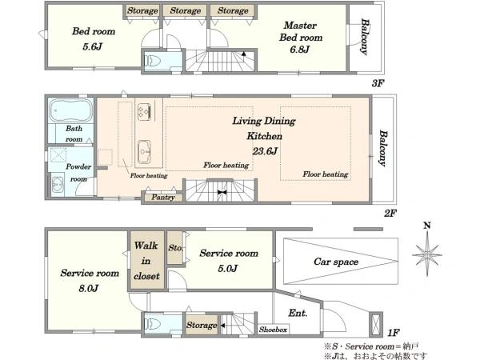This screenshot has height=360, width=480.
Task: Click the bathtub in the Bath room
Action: (x=70, y=110)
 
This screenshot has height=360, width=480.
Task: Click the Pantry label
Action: (x=163, y=197)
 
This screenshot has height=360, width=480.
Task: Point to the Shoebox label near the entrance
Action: (x=273, y=330)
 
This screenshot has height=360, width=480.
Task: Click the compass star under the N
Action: (x=427, y=254)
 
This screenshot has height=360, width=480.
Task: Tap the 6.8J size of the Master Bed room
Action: (x=300, y=50)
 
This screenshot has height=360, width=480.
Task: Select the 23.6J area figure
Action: (x=265, y=151)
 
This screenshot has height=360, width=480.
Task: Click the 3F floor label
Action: (x=378, y=83)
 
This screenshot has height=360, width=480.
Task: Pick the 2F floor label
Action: (x=390, y=213)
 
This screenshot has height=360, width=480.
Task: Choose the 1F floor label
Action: (x=394, y=333)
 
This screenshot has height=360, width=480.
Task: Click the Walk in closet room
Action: (x=147, y=261)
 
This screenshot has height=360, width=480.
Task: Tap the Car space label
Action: (x=336, y=262)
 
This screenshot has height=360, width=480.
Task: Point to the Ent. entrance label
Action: (x=298, y=313)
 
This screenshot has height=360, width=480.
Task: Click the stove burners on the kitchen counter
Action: (x=144, y=110)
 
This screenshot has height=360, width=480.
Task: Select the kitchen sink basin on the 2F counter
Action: (x=144, y=151)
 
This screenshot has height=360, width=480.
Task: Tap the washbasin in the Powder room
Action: (x=58, y=185)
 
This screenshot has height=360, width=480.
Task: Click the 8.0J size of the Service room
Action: (x=89, y=288)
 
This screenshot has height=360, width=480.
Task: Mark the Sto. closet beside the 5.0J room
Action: (x=175, y=248)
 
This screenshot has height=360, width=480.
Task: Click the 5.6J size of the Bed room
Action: (x=93, y=47)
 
